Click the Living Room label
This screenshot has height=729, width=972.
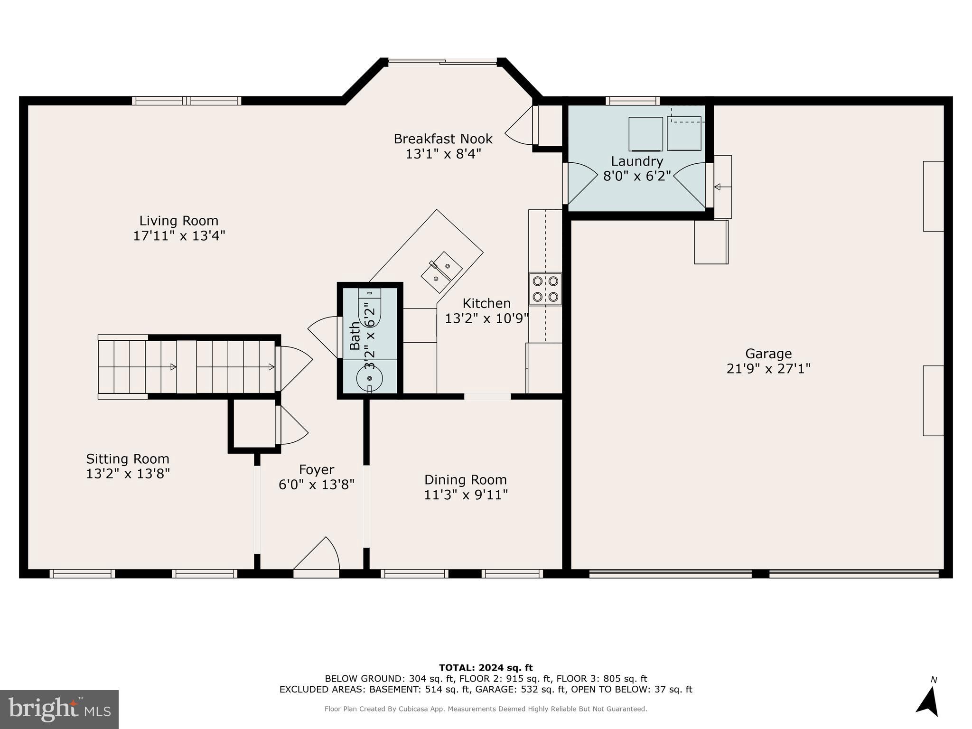tap(178, 221)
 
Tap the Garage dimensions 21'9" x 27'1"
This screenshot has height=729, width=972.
tap(768, 369)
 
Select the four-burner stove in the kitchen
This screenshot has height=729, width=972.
tap(545, 289)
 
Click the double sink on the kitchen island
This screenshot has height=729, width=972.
tap(442, 272)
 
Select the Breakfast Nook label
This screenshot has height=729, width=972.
tap(443, 139)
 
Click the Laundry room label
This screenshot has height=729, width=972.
tap(636, 161)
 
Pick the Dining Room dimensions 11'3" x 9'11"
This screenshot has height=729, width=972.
tap(466, 495)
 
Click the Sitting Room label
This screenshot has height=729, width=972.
tap(127, 459)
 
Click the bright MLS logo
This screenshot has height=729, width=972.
tap(59, 709)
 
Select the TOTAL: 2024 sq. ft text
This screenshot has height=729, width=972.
tap(486, 668)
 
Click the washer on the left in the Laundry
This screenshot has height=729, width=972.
tap(645, 134)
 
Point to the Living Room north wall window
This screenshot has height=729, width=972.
tap(187, 101)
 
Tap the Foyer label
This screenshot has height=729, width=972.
tap(317, 469)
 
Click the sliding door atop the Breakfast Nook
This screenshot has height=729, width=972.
tap(442, 62)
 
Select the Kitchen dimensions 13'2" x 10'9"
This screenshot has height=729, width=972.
tap(486, 318)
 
